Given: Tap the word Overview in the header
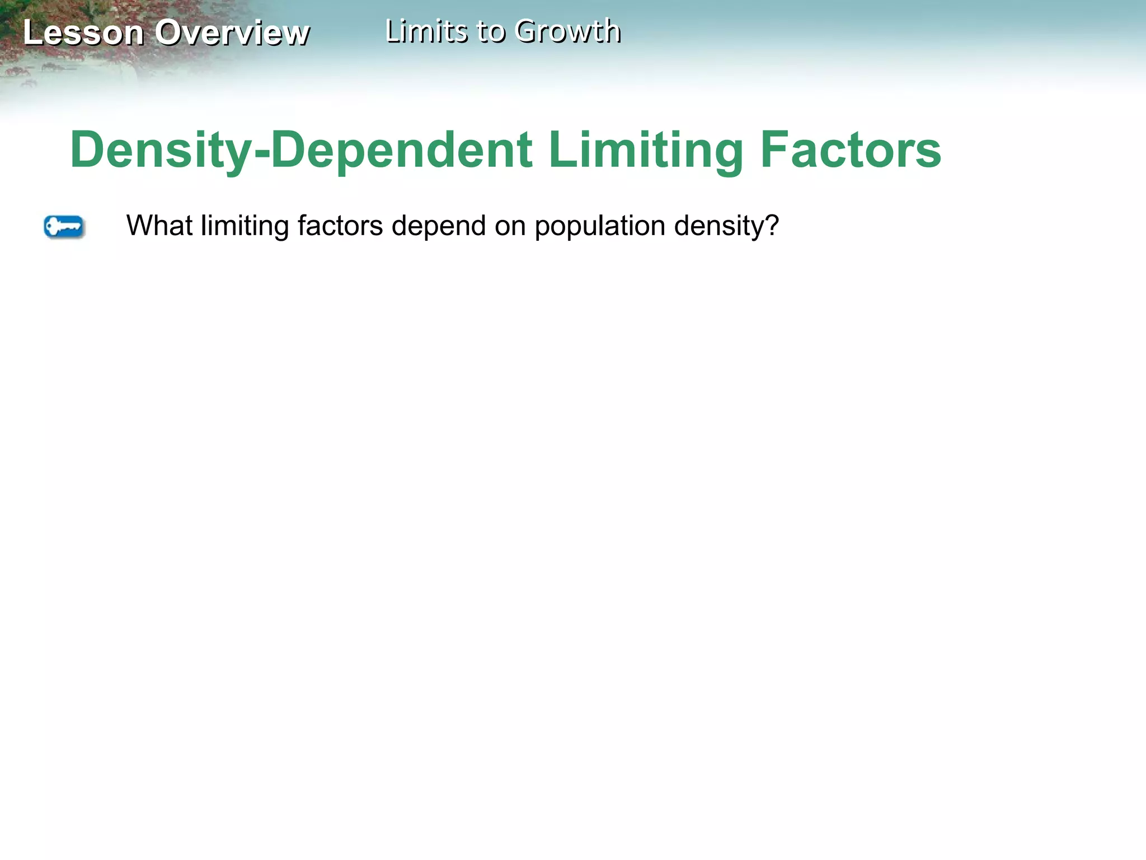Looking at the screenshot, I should pyautogui.click(x=232, y=32).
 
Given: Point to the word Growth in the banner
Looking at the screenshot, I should pyautogui.click(x=567, y=31).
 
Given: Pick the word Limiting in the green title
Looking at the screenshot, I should pyautogui.click(x=645, y=150).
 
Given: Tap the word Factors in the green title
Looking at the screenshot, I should pyautogui.click(x=851, y=150).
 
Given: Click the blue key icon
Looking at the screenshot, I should pyautogui.click(x=64, y=227).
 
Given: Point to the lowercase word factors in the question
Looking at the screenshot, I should pyautogui.click(x=340, y=226).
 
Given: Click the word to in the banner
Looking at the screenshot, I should pyautogui.click(x=491, y=31).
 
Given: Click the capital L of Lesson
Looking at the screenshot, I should pyautogui.click(x=32, y=32).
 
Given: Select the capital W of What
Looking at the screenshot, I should pyautogui.click(x=139, y=226).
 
